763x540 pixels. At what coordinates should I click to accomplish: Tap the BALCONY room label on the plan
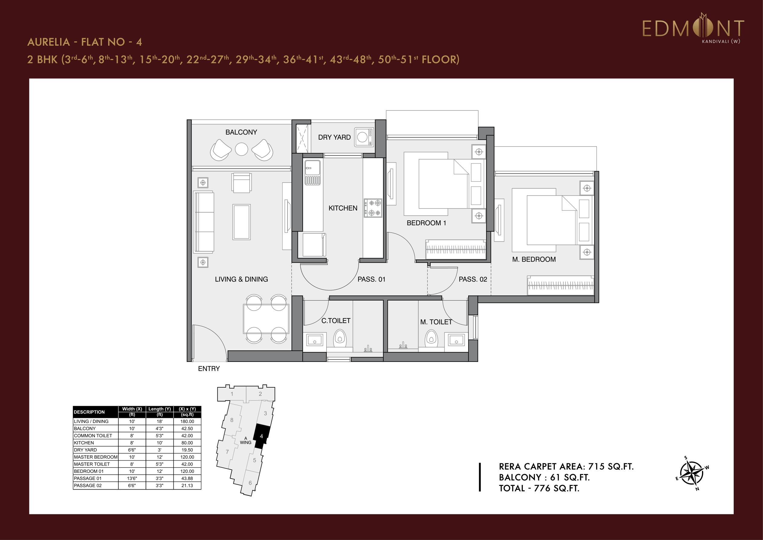point(241,132)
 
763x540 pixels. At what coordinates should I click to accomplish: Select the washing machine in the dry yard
point(364,137)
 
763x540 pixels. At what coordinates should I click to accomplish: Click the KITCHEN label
point(343,208)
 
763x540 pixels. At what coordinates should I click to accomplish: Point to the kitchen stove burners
point(373,208)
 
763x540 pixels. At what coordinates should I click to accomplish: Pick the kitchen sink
point(312,172)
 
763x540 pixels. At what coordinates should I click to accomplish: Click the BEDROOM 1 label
point(427,223)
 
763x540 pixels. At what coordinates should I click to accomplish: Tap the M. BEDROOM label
point(534,259)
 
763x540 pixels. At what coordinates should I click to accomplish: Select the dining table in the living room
point(266,319)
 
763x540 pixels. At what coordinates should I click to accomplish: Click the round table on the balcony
point(242,149)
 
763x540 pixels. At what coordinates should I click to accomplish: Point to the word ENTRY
point(209,369)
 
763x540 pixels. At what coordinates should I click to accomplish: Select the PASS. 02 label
point(473,279)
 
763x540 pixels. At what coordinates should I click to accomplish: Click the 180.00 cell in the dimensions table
point(187,421)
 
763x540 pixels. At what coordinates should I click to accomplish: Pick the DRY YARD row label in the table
point(85,450)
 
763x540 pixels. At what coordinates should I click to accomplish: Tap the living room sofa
point(204,222)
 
